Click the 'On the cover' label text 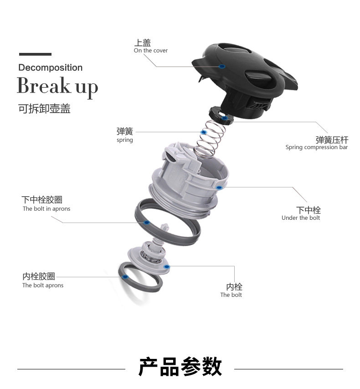coord(150,51)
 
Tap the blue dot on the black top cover coord(222,67)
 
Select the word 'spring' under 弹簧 coord(124,140)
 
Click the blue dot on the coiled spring coord(204,132)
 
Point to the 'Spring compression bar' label coord(316,147)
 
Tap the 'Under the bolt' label coord(301,218)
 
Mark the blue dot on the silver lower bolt coord(219,187)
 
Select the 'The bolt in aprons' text coord(46,209)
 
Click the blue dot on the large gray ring coord(147,223)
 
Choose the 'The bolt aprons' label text coord(43,285)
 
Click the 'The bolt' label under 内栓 coord(231,295)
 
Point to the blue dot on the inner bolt coord(167,266)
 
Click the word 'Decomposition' coord(50,68)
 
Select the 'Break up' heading coord(57,86)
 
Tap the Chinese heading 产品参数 coord(180,367)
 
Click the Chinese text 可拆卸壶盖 coord(44,109)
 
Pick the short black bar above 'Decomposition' coord(35,54)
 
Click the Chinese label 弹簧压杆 coord(332,140)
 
